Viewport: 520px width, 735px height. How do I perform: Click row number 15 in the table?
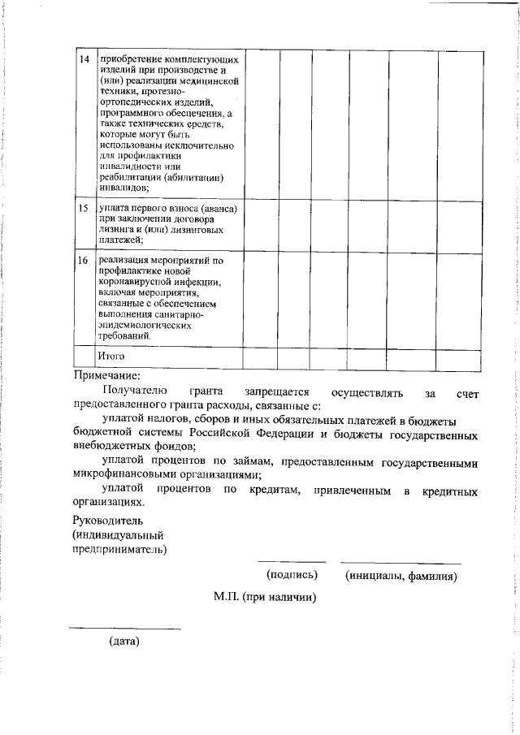click(x=83, y=209)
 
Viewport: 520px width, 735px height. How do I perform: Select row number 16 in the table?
click(x=83, y=261)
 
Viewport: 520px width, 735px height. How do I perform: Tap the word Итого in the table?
click(x=111, y=356)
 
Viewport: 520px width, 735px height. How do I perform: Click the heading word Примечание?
click(x=106, y=375)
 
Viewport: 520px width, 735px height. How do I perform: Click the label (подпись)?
click(x=292, y=576)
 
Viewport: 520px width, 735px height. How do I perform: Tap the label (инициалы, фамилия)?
click(x=401, y=576)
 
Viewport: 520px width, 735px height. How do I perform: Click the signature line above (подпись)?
click(x=292, y=562)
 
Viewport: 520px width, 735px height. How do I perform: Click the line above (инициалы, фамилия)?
click(x=401, y=562)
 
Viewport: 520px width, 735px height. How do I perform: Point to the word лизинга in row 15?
click(x=116, y=229)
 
